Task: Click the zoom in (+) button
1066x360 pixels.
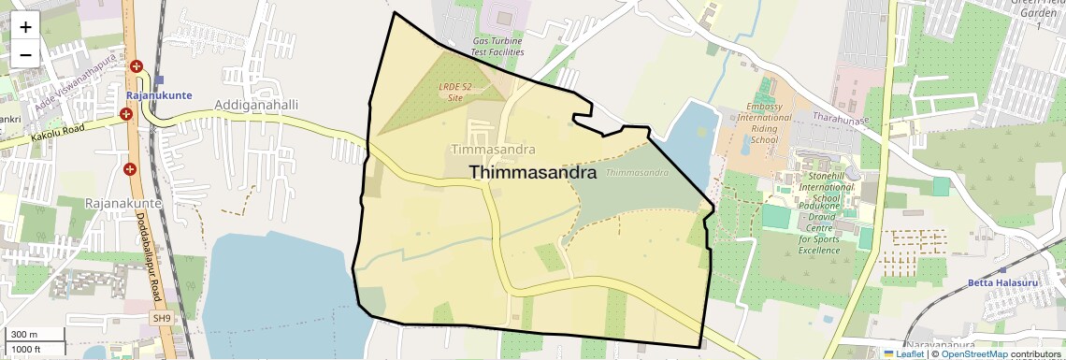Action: [x=25, y=27]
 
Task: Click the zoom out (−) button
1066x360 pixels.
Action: [x=25, y=54]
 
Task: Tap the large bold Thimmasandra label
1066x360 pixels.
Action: [x=533, y=172]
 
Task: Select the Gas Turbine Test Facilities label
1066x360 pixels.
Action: [x=497, y=47]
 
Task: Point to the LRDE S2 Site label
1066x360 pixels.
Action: [x=455, y=91]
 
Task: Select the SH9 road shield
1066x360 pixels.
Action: [x=163, y=319]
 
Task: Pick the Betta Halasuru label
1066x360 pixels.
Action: [x=998, y=282]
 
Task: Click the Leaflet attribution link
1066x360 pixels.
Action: [x=905, y=354]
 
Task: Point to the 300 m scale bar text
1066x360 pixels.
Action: [x=24, y=335]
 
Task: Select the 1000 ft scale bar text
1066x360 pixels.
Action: [x=26, y=349]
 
